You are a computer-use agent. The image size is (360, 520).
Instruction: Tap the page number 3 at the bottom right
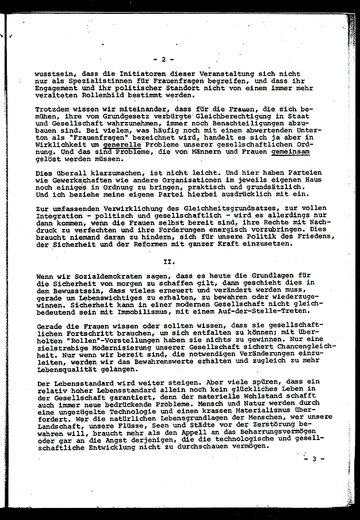tap(315, 458)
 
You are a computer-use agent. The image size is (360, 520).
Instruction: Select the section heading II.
tap(169, 261)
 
